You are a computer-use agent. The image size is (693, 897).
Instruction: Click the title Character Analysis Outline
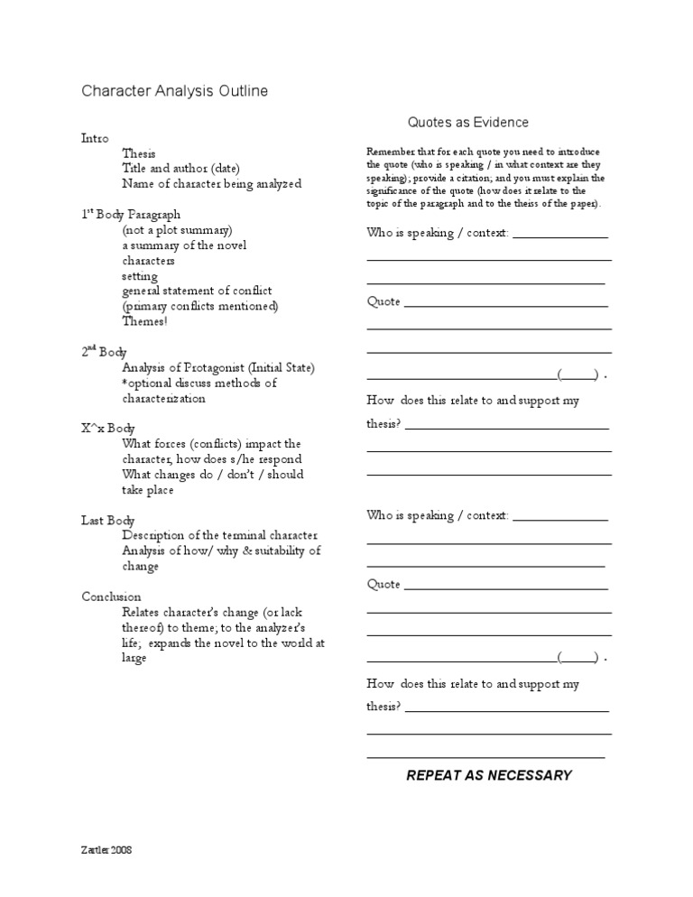(174, 91)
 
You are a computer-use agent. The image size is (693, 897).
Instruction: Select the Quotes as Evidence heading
(467, 122)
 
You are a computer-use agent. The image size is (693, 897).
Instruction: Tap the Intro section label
(95, 139)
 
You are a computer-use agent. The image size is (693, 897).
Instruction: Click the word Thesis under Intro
(139, 153)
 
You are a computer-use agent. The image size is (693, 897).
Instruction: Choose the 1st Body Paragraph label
(131, 215)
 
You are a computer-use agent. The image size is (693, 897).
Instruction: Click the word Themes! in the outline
(144, 321)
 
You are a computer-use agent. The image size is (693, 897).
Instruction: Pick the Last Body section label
(108, 521)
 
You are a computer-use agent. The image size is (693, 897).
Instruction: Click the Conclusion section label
(111, 596)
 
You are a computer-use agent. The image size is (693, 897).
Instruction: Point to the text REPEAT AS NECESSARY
(489, 775)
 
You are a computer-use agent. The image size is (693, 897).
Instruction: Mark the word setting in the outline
(140, 276)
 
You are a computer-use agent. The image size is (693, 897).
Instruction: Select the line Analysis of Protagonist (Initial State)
(218, 367)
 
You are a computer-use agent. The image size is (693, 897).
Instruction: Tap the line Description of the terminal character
(221, 535)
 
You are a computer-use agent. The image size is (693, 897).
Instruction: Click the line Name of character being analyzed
(212, 183)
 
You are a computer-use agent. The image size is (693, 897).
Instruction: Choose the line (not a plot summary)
(178, 230)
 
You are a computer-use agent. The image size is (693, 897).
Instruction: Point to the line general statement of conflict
(197, 291)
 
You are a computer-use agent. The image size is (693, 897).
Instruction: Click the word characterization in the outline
(163, 398)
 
